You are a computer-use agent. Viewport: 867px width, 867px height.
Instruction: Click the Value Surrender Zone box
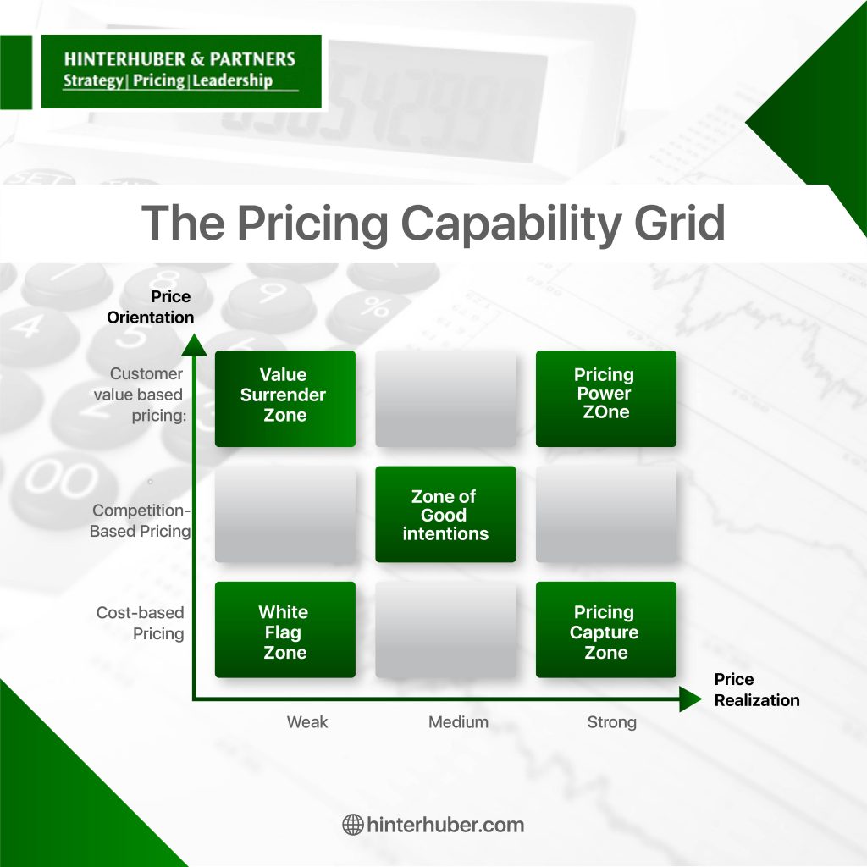284,399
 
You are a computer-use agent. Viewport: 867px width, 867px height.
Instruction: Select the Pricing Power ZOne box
606,399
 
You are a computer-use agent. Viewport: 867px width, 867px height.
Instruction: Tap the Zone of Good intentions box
445,514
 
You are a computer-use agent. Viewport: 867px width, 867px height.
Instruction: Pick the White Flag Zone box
284,630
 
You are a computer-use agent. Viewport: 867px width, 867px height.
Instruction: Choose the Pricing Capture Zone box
606,630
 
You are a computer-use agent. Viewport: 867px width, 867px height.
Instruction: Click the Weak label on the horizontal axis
307,722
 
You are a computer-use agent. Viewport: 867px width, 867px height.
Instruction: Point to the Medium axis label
458,722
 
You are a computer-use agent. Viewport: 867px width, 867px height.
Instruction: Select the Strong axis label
612,722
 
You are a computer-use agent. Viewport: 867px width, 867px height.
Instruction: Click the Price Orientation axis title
150,306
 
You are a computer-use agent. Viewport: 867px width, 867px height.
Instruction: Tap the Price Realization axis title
757,689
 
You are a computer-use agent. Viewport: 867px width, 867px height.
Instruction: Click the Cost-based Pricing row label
141,623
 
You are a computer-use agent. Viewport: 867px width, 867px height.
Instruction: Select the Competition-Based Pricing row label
141,521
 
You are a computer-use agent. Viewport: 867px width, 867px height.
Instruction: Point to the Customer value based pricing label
139,395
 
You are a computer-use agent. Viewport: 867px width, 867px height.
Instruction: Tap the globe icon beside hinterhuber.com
353,825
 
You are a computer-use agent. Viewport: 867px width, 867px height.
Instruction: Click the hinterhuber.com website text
445,825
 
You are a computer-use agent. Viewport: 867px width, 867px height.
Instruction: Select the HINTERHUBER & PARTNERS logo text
179,59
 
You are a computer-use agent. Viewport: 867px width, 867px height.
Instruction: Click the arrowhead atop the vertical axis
194,345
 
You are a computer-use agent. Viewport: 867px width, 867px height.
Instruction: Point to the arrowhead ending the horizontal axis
691,699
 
